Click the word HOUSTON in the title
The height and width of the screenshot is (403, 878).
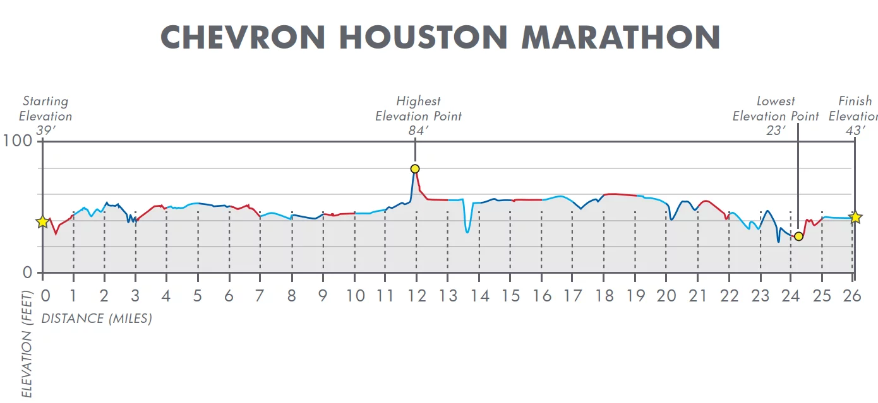[x=422, y=38]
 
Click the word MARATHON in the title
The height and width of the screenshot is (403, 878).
[x=620, y=38]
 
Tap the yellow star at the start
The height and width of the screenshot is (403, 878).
[x=42, y=222]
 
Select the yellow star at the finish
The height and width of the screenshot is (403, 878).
[x=855, y=218]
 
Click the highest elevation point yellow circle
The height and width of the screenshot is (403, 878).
[x=415, y=169]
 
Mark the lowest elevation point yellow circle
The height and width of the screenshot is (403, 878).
[x=798, y=237]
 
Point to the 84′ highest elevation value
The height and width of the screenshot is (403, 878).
[x=418, y=131]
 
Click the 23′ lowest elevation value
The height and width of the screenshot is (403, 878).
[x=775, y=131]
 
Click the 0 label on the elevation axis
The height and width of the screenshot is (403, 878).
[x=27, y=273]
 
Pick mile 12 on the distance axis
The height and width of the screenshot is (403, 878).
[x=416, y=296]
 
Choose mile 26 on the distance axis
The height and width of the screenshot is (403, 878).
[x=852, y=296]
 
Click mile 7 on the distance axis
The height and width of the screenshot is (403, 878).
[x=260, y=296]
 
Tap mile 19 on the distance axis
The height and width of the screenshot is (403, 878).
[x=635, y=296]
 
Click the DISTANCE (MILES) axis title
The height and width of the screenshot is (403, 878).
[x=97, y=319]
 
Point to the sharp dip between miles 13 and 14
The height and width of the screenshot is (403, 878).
[x=467, y=231]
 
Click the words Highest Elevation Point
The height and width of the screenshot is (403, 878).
[x=418, y=108]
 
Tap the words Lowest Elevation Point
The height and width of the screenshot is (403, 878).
[x=776, y=108]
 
